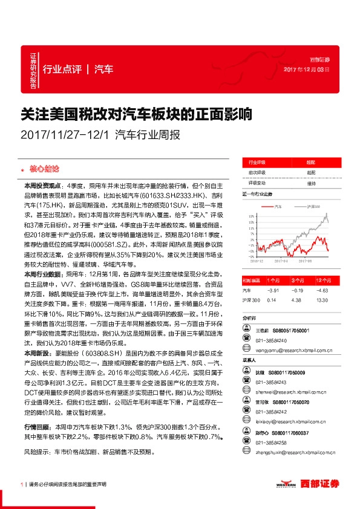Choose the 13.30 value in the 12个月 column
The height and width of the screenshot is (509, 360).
(321, 300)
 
